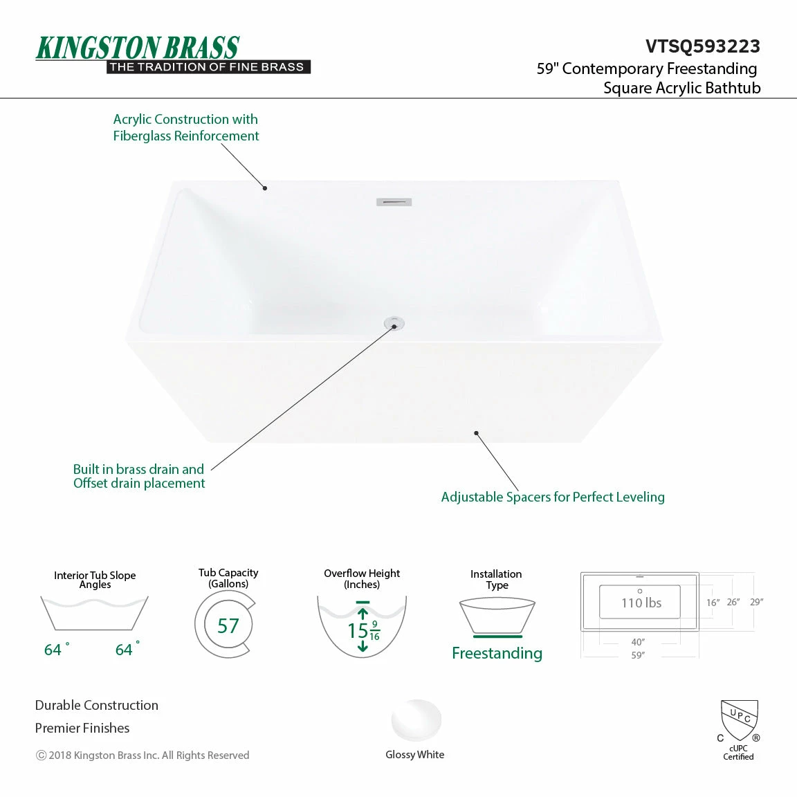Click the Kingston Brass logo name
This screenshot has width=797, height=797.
137,48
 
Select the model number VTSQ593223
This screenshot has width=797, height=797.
703,46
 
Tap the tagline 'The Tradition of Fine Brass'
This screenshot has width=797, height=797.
208,67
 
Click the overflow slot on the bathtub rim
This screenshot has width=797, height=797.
394,202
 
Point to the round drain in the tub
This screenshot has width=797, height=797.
394,323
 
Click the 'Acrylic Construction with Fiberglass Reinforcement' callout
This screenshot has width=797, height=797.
185,127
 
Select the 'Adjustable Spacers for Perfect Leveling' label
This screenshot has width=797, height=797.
553,497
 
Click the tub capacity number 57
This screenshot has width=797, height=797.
228,625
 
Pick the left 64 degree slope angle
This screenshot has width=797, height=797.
57,649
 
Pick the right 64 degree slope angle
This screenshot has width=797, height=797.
127,649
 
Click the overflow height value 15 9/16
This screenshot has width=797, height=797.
363,630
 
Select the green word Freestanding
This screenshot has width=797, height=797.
497,652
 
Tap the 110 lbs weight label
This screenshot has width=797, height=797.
641,603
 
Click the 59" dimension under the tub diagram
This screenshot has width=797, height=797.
638,655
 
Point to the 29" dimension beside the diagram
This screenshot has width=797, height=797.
756,602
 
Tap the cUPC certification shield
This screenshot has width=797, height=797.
740,720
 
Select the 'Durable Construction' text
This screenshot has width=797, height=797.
97,705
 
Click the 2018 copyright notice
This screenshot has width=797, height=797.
143,755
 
